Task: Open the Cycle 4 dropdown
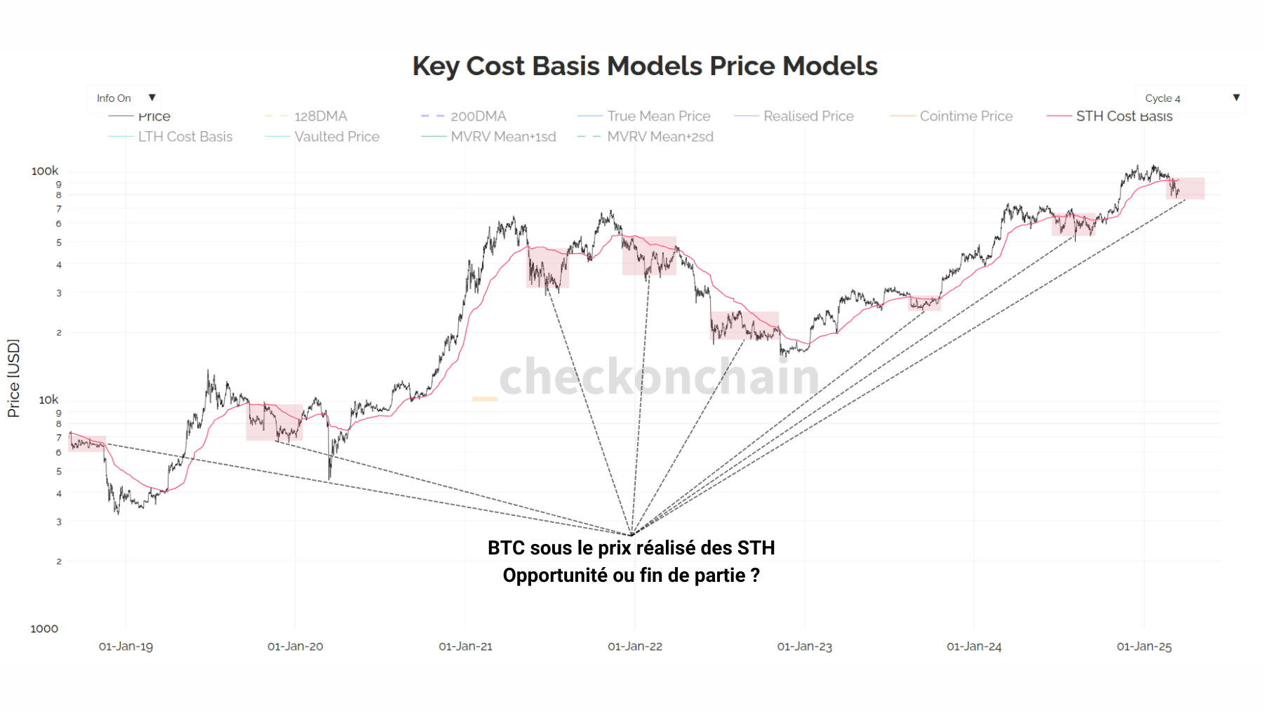pyautogui.click(x=1190, y=98)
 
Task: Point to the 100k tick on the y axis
pyautogui.click(x=45, y=171)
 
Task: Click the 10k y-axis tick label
pyautogui.click(x=48, y=400)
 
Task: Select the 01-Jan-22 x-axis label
pyautogui.click(x=635, y=646)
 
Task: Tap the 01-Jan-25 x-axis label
pyautogui.click(x=1144, y=646)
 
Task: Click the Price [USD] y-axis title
pyautogui.click(x=13, y=378)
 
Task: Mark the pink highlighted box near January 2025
pyautogui.click(x=1185, y=188)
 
